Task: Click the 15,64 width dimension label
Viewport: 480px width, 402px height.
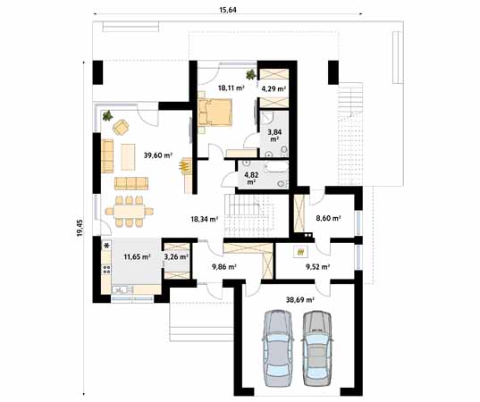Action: tap(228, 10)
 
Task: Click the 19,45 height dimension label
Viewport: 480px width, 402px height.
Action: tap(80, 228)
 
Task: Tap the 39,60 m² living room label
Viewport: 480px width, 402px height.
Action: tap(158, 155)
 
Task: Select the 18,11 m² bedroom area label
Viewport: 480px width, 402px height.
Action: tap(232, 88)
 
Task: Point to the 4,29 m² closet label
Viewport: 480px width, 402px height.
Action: tap(274, 89)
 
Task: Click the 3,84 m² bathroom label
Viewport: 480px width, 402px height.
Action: tap(274, 136)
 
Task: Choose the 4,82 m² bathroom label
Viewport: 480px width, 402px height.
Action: tap(251, 179)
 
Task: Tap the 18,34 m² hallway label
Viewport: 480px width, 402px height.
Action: tap(205, 219)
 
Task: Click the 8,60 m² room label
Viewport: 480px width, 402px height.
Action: tap(328, 218)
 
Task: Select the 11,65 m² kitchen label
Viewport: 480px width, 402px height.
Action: tap(137, 257)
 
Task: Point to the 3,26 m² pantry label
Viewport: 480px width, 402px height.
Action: tap(176, 257)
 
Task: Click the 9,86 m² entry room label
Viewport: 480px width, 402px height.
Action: tap(224, 267)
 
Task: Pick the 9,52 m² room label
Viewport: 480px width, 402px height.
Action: tap(317, 267)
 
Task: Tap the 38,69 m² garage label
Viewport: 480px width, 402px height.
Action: tap(300, 300)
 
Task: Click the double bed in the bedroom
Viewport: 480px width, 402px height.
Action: tap(215, 113)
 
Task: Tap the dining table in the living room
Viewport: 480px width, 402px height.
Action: tap(130, 212)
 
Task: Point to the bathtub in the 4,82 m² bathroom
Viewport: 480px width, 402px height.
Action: tap(276, 168)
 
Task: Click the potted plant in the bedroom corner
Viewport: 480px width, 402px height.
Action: tap(251, 74)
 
